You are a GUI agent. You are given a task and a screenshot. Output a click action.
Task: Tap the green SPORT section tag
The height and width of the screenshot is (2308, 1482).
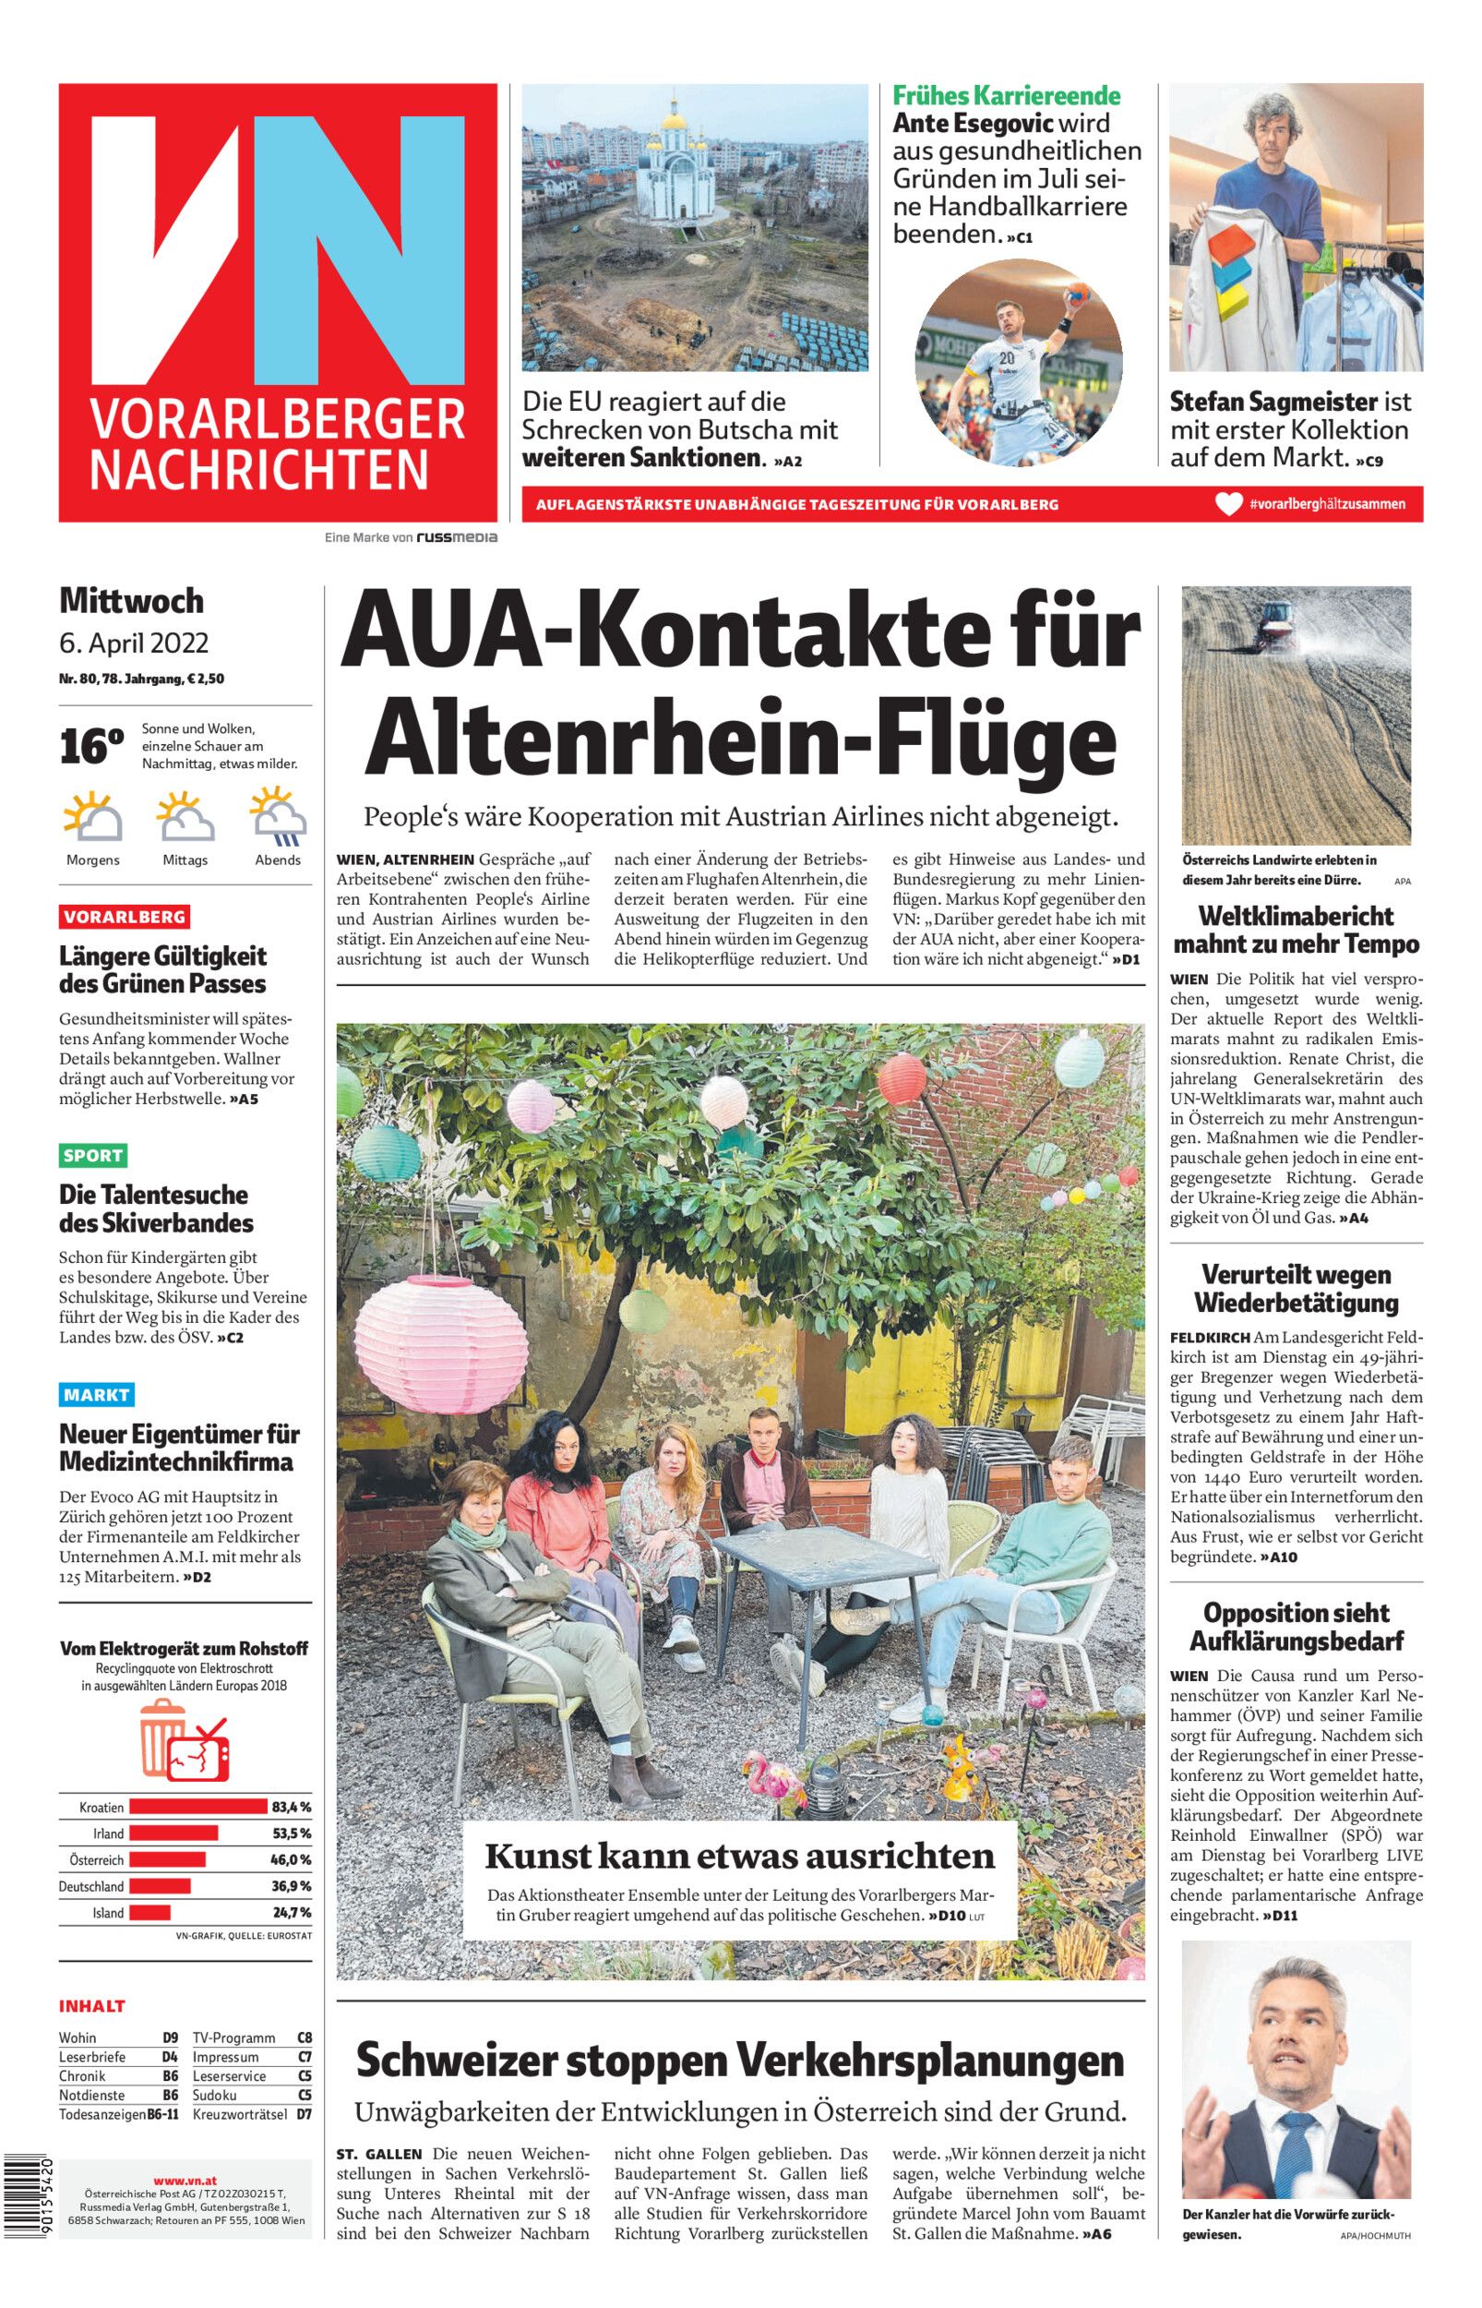93,1155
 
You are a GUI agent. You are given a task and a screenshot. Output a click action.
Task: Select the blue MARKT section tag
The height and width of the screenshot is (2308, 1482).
96,1394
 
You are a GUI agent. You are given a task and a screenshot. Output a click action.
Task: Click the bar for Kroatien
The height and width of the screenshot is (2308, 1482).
197,1807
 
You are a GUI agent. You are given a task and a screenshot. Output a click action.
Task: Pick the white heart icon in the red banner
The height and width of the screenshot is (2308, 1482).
1228,504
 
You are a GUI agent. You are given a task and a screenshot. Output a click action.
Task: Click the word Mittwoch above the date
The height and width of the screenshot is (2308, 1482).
132,601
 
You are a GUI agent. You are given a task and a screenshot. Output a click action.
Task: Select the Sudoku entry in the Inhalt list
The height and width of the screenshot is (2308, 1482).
216,2095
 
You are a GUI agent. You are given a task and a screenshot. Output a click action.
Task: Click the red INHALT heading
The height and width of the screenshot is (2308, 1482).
92,2006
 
